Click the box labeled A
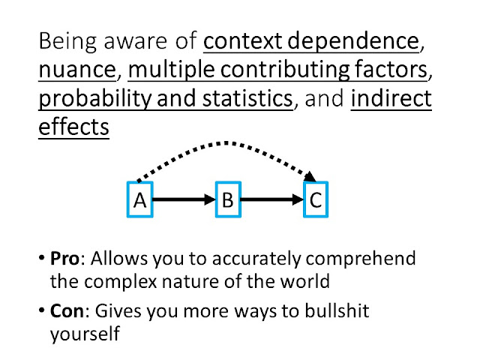tap(139, 201)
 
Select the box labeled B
tap(228, 201)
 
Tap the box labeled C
tap(316, 201)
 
